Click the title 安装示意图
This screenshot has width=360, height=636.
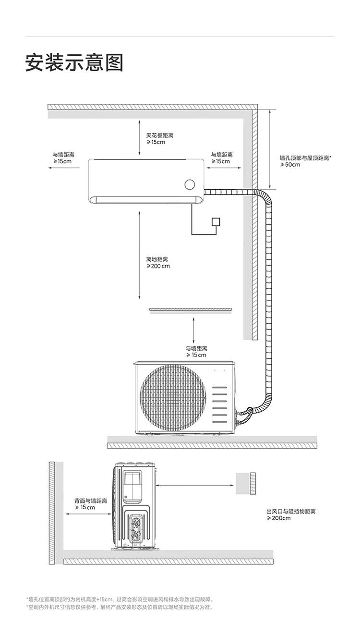(74, 63)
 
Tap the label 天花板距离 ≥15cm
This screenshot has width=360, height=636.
(159, 139)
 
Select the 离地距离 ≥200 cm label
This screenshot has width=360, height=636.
(158, 262)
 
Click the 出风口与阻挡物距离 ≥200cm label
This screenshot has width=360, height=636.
(291, 514)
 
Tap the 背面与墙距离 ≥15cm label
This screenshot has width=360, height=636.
(90, 504)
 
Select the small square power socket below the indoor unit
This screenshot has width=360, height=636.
(216, 222)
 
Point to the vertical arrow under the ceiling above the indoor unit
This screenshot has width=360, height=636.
(139, 138)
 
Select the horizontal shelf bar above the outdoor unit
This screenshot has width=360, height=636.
(191, 310)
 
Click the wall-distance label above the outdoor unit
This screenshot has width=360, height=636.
(196, 351)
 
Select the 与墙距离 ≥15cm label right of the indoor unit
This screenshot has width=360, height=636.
(222, 158)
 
